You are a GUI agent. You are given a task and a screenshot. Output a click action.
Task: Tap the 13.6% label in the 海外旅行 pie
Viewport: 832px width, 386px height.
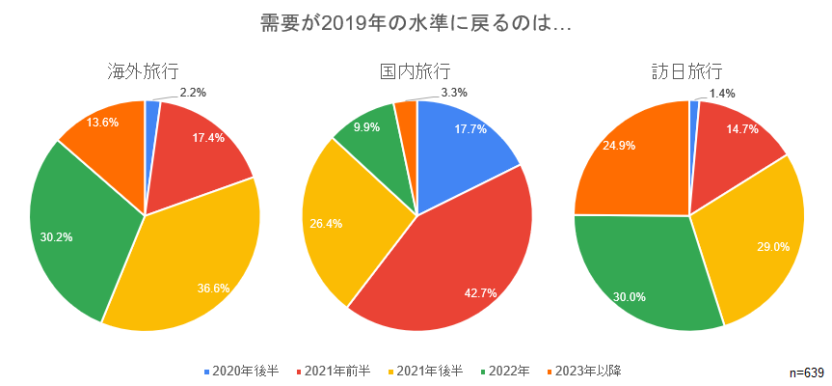[102, 123]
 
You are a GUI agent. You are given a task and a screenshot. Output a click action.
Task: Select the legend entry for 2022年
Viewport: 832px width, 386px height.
[504, 370]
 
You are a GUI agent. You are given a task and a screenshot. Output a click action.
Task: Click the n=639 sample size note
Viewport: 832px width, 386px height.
[805, 372]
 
